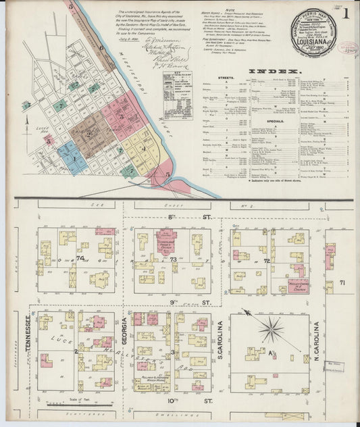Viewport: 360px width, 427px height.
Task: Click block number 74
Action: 80,258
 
